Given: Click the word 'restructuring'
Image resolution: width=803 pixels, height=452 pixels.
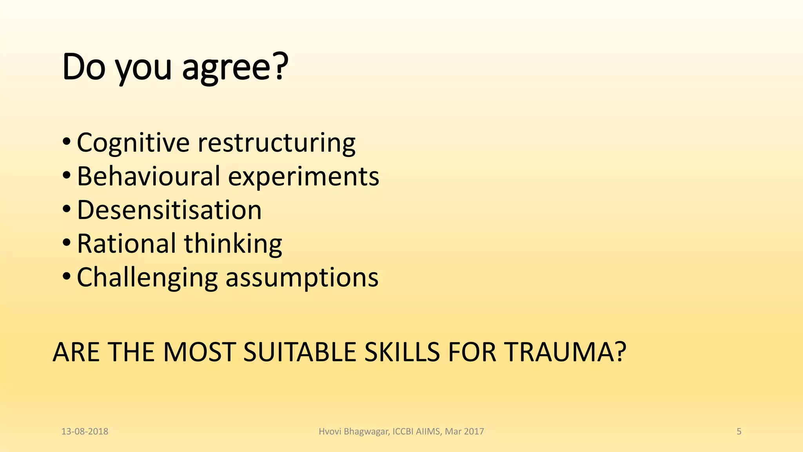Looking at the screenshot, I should (x=276, y=143).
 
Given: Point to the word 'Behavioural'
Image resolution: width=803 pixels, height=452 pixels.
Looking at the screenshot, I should (x=148, y=176).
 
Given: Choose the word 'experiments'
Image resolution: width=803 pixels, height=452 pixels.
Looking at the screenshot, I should (x=303, y=177).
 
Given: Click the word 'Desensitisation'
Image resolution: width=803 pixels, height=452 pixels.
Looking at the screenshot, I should (x=169, y=210).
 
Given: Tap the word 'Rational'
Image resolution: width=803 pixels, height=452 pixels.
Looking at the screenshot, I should (x=126, y=244).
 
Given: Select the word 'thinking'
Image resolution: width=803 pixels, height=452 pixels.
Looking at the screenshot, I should (x=233, y=244).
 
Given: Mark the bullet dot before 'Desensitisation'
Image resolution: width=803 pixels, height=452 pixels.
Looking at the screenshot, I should (x=67, y=209).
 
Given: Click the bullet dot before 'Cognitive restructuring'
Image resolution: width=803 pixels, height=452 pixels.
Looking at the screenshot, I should (x=67, y=141).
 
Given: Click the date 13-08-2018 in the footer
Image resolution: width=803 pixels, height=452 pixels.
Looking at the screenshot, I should (x=85, y=432).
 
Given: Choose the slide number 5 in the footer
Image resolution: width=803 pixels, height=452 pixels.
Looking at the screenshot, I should (x=739, y=432).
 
